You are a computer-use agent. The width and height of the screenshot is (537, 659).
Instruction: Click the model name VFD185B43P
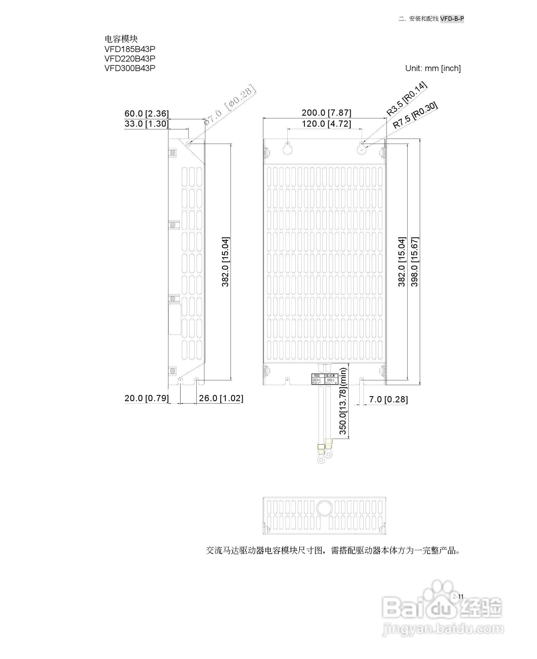(130, 49)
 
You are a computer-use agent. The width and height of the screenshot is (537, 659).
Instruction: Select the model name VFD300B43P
(130, 68)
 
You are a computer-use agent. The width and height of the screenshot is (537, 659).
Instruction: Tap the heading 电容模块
(121, 39)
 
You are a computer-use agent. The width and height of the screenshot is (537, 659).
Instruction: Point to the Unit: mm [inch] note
(433, 68)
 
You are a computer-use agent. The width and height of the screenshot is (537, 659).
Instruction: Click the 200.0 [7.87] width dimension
(326, 113)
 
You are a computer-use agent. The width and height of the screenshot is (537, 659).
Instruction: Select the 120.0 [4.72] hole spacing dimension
(326, 124)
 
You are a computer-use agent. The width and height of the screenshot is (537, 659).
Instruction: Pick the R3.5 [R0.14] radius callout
(406, 99)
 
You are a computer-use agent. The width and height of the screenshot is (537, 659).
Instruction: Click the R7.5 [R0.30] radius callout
(415, 115)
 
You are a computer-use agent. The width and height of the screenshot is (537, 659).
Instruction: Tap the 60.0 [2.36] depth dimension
(147, 114)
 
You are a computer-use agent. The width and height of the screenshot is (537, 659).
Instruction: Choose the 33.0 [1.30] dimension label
(147, 124)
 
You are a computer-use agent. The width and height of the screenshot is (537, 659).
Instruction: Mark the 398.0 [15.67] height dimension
(414, 262)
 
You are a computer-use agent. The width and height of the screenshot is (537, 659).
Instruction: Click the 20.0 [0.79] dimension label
(147, 398)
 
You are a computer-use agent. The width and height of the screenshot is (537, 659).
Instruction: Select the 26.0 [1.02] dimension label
(221, 398)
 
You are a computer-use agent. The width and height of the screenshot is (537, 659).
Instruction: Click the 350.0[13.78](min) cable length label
(343, 401)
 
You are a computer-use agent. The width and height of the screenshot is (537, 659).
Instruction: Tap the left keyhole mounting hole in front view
(288, 149)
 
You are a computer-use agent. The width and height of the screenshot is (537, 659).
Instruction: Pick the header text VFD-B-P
(452, 19)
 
